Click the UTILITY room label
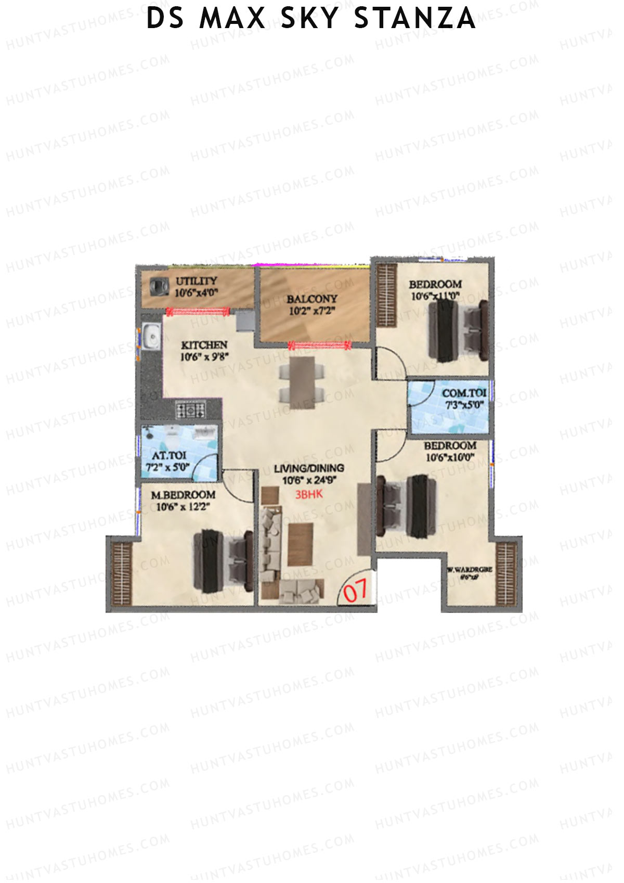pyautogui.click(x=196, y=281)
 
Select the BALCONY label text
pyautogui.click(x=311, y=299)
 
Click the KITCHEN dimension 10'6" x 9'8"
pyautogui.click(x=204, y=357)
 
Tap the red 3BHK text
pyautogui.click(x=309, y=494)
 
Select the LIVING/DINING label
pyautogui.click(x=309, y=469)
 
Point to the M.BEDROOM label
pyautogui.click(x=183, y=495)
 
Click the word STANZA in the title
pyautogui.click(x=414, y=19)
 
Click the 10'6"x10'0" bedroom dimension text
pyautogui.click(x=450, y=458)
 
